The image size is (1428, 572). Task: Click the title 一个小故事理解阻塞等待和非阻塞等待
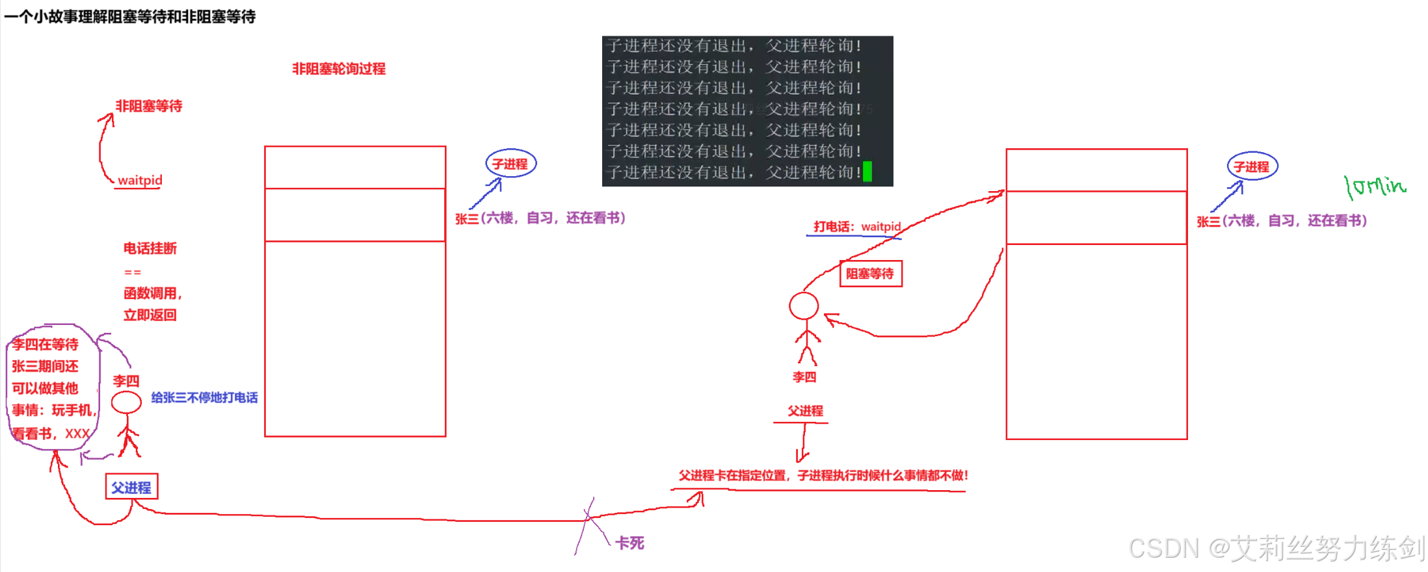pyautogui.click(x=130, y=16)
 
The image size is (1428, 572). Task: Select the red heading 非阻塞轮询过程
pyautogui.click(x=338, y=69)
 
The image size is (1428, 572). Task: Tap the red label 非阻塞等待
pyautogui.click(x=149, y=106)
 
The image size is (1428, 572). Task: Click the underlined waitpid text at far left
pyautogui.click(x=140, y=180)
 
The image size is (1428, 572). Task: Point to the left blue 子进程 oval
pyautogui.click(x=510, y=164)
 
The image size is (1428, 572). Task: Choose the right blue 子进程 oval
pyautogui.click(x=1252, y=166)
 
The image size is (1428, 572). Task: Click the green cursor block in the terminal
pyautogui.click(x=867, y=172)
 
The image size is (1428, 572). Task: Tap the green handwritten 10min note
pyautogui.click(x=1375, y=187)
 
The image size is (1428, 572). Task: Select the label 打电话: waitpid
pyautogui.click(x=857, y=227)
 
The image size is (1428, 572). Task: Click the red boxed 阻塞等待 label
pyautogui.click(x=870, y=274)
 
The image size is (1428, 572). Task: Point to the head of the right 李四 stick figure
pyautogui.click(x=804, y=305)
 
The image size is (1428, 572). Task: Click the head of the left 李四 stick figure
pyautogui.click(x=126, y=402)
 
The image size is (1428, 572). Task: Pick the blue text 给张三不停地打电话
pyautogui.click(x=204, y=397)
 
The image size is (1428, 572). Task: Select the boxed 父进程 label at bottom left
pyautogui.click(x=131, y=487)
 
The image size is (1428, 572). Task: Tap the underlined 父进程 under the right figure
pyautogui.click(x=805, y=411)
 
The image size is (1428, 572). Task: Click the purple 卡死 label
pyautogui.click(x=629, y=543)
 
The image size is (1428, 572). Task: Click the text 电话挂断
pyautogui.click(x=150, y=248)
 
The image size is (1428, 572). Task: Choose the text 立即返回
pyautogui.click(x=150, y=315)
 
